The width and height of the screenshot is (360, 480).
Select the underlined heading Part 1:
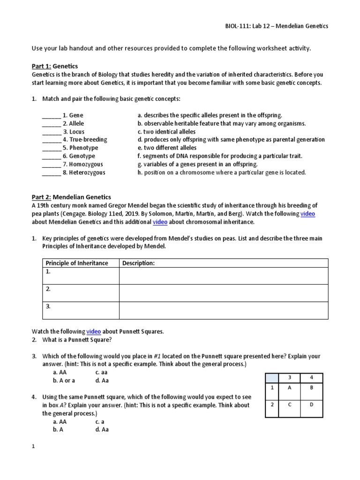point(41,67)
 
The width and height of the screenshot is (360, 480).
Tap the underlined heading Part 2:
point(41,197)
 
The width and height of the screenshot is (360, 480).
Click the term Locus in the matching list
point(77,132)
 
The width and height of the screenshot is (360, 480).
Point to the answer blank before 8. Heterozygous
point(51,172)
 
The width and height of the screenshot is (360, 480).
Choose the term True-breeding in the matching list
point(88,140)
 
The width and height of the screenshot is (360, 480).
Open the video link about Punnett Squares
point(94,331)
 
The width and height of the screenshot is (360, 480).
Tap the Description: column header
point(138,263)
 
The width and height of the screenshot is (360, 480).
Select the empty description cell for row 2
point(224,293)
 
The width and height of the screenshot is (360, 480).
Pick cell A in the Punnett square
point(290,388)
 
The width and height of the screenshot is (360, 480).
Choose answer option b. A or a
point(64,381)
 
